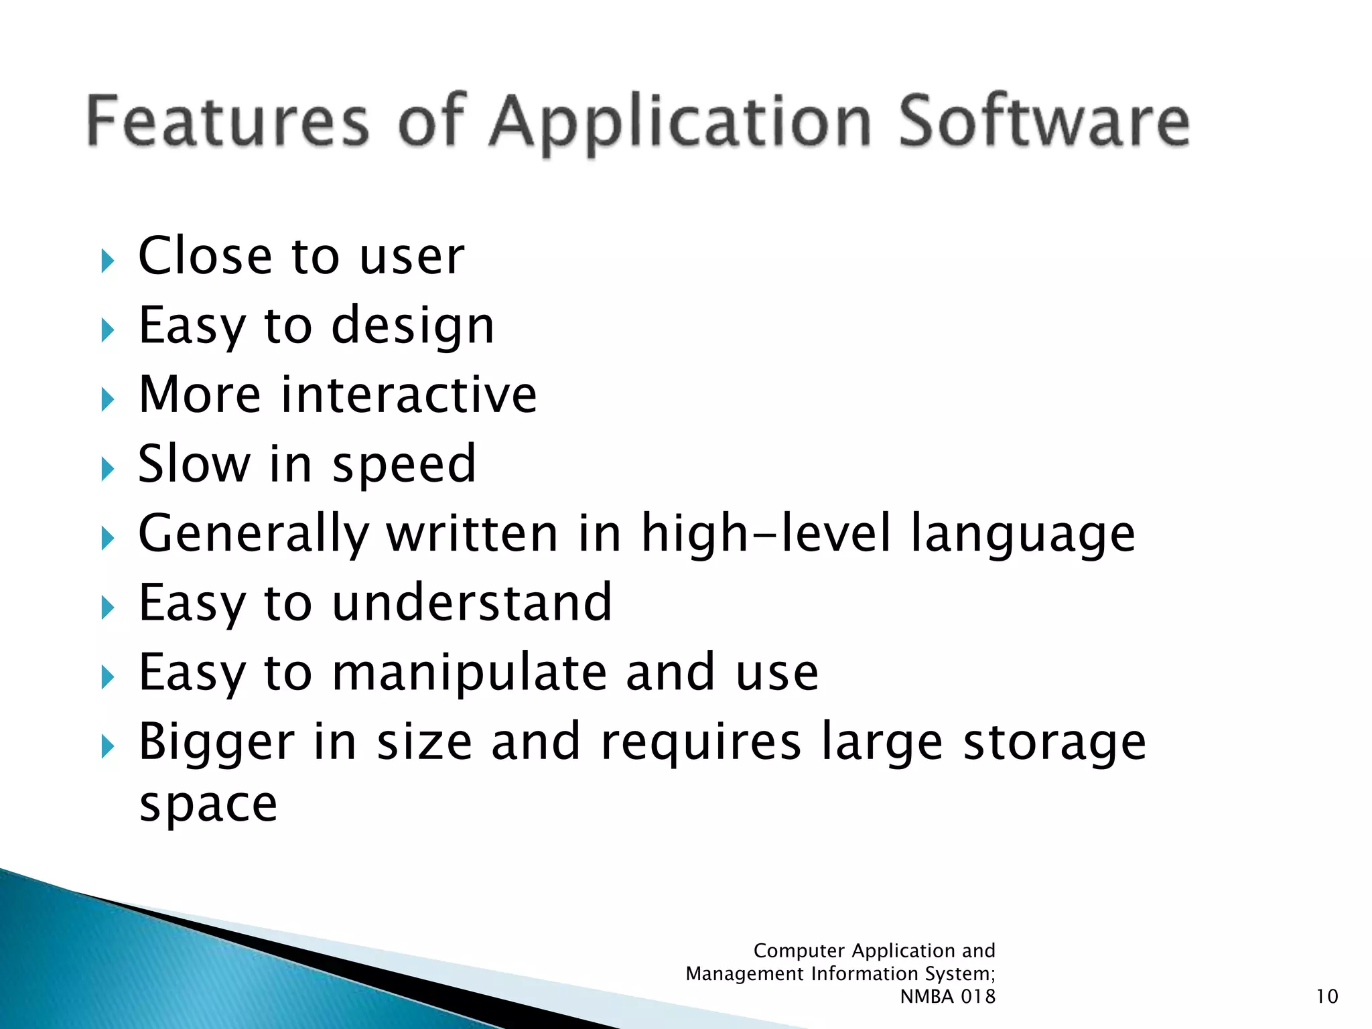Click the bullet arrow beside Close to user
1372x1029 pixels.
point(108,261)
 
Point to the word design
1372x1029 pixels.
point(413,328)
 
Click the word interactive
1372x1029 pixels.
point(409,395)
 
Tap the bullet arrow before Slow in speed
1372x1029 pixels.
point(108,469)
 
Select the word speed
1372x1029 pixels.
point(404,465)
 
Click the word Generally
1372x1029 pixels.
point(254,535)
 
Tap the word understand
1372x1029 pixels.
point(472,603)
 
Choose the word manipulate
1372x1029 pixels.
point(469,673)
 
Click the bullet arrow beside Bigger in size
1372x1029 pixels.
point(108,746)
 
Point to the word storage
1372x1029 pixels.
point(1054,744)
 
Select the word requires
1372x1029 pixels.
point(701,744)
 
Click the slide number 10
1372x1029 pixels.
point(1326,997)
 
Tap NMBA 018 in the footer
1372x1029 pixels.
point(947,997)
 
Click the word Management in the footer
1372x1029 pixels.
point(744,973)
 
